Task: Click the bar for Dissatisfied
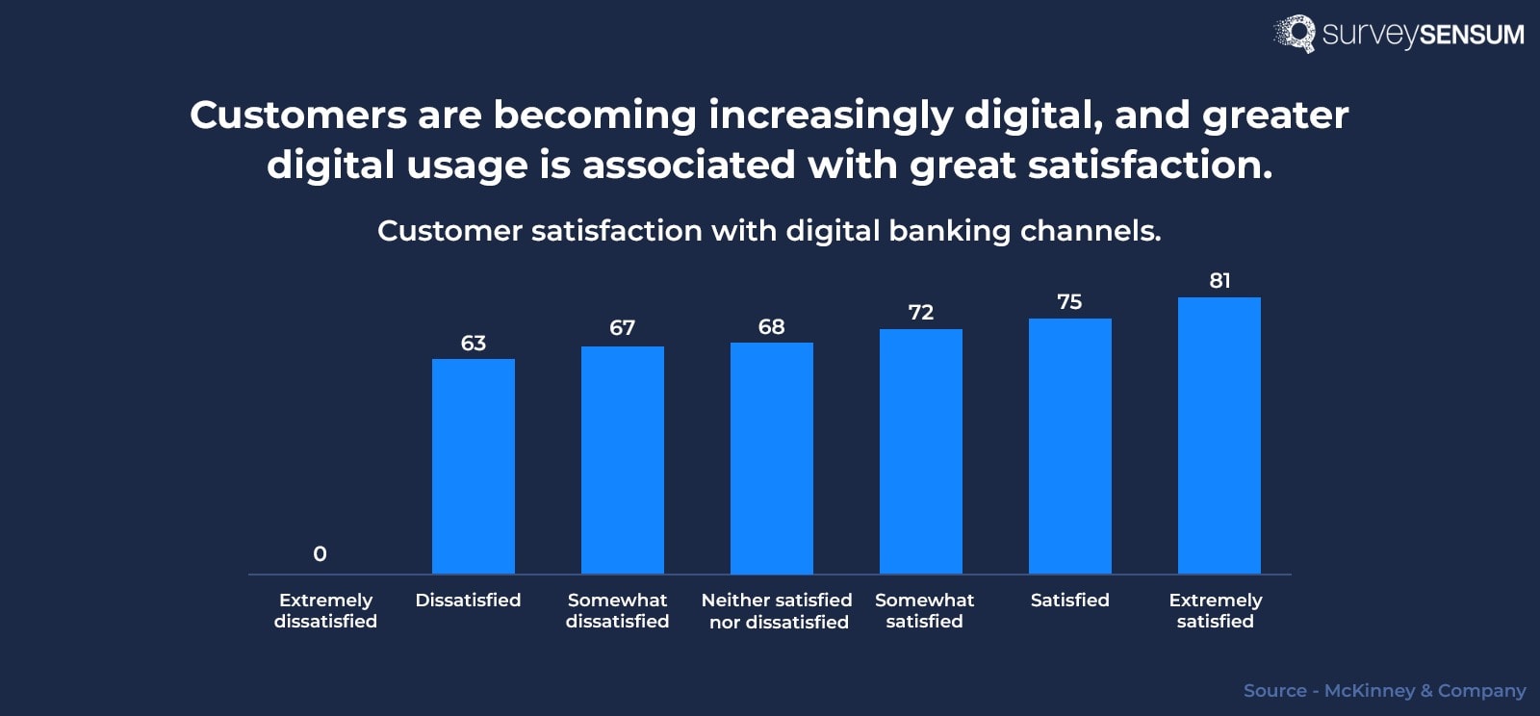pos(473,467)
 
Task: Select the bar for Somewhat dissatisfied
pos(622,460)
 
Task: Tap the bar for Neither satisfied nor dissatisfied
pos(771,458)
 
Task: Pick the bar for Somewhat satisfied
pos(920,451)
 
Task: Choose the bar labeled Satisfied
pos(1069,447)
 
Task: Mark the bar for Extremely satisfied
pos(1219,436)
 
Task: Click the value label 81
pos(1219,280)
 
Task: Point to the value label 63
pos(473,343)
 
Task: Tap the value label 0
pos(320,553)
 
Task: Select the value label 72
pos(920,312)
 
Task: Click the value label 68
pos(771,326)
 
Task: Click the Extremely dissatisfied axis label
pos(325,610)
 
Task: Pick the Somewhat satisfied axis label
pos(924,610)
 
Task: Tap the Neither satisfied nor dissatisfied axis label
pos(777,611)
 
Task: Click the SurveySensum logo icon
pos(1296,34)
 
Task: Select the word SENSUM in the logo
pos(1472,35)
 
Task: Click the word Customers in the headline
pos(298,115)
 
